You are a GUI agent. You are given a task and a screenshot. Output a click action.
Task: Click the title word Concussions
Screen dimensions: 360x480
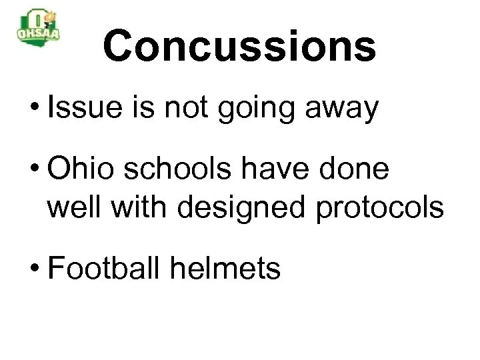click(239, 47)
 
